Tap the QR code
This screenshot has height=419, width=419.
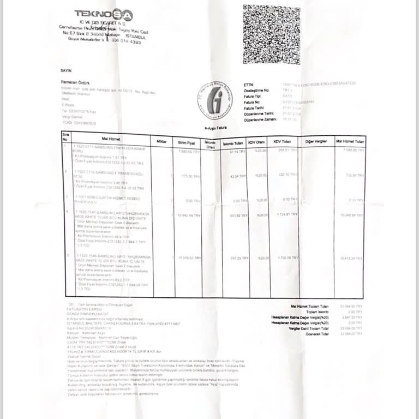[271, 34]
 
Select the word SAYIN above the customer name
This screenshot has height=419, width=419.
[65, 71]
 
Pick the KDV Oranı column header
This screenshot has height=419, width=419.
[256, 142]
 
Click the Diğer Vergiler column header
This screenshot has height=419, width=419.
[316, 141]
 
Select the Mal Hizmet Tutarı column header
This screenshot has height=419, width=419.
[349, 141]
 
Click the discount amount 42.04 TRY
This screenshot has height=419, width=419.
[238, 176]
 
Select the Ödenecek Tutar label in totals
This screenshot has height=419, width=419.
[317, 333]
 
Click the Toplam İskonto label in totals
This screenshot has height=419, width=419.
[317, 312]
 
